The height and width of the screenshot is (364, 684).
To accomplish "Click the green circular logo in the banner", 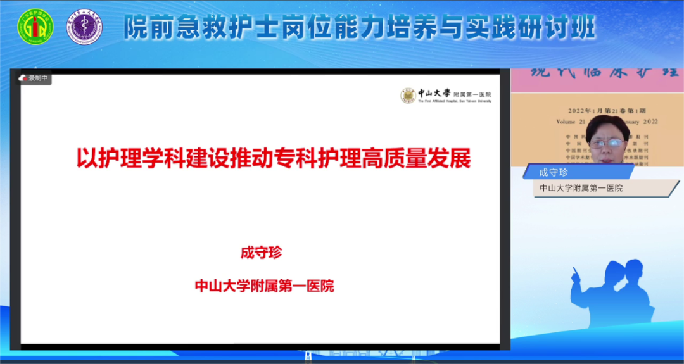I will tap(35, 27).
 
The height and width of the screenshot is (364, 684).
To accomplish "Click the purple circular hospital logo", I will tap(85, 27).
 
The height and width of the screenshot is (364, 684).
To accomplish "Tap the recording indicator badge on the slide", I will tap(35, 78).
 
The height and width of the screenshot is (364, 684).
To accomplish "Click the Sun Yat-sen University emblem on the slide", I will tap(408, 95).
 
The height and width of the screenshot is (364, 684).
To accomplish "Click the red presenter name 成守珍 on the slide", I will tap(261, 253).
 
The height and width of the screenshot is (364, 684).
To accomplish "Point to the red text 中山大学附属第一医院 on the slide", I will tap(264, 286).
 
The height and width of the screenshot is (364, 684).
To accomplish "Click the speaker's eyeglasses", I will tap(607, 143).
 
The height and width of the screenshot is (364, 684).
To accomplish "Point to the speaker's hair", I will tap(608, 124).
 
